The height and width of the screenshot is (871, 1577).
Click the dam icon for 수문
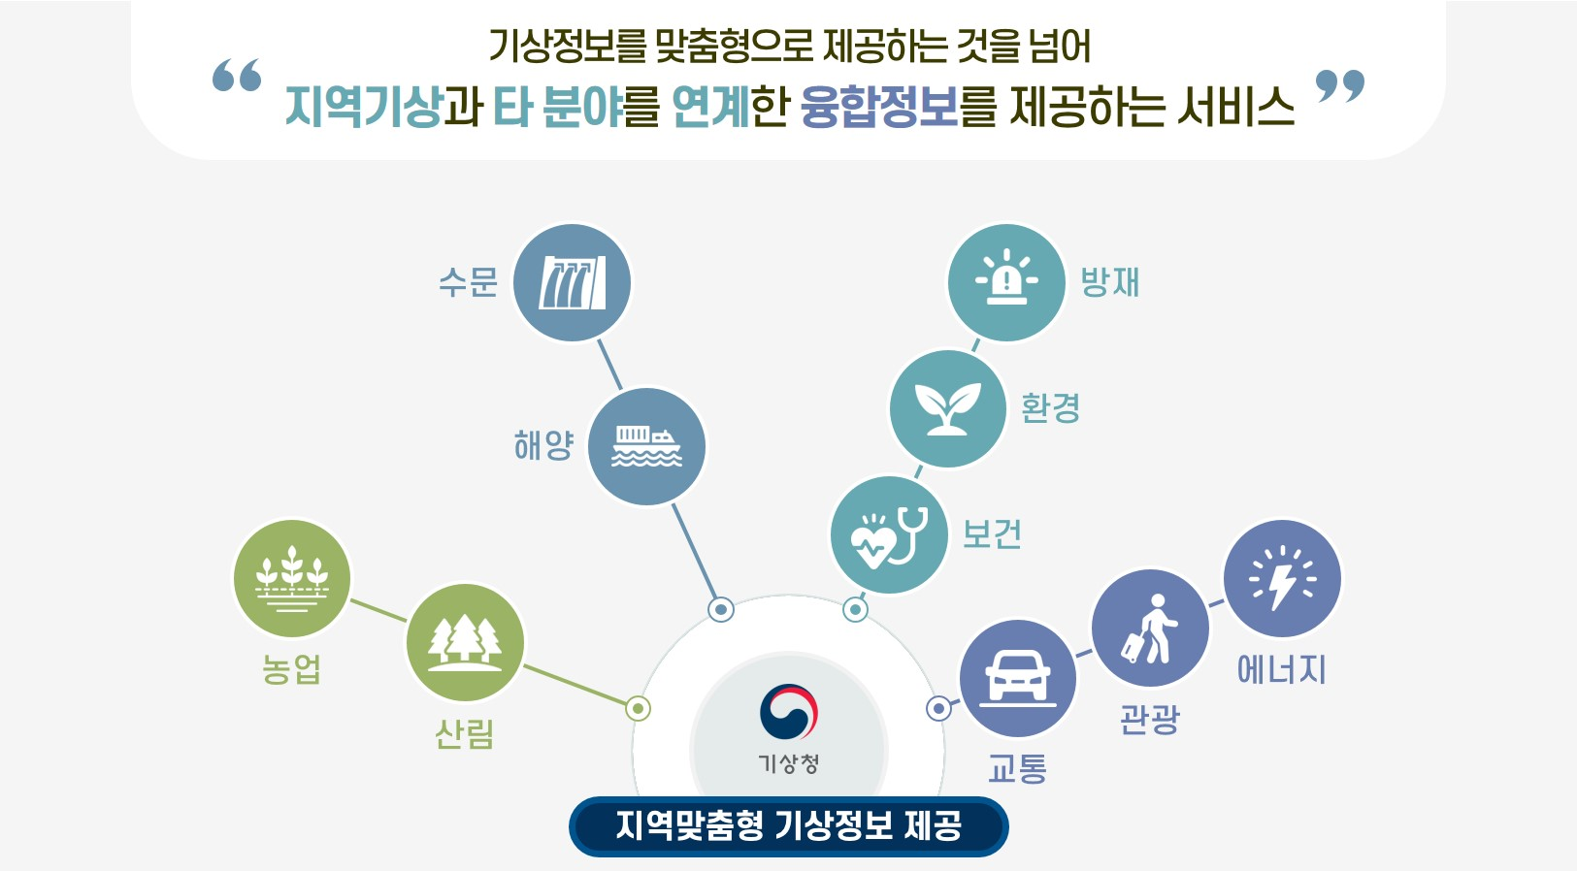pyautogui.click(x=572, y=282)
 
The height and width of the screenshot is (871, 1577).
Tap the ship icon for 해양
pyautogui.click(x=646, y=447)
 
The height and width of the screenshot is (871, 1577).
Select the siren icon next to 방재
pyautogui.click(x=1006, y=282)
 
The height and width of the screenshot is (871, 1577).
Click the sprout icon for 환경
pyautogui.click(x=947, y=408)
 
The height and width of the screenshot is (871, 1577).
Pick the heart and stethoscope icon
pyautogui.click(x=888, y=534)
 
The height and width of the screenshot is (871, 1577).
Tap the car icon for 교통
pyautogui.click(x=1017, y=677)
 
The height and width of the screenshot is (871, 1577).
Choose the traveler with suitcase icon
pyautogui.click(x=1150, y=629)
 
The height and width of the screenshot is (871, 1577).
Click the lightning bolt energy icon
pyautogui.click(x=1282, y=579)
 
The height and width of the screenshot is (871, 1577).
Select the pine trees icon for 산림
pyautogui.click(x=465, y=642)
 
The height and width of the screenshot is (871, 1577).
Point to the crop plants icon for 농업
pyautogui.click(x=291, y=579)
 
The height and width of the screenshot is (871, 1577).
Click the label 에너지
pyautogui.click(x=1281, y=669)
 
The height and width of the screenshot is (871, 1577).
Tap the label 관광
pyautogui.click(x=1149, y=719)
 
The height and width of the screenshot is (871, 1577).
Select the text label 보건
pyautogui.click(x=992, y=534)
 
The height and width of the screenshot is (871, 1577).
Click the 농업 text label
pyautogui.click(x=291, y=669)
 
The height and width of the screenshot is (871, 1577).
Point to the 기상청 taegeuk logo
pyautogui.click(x=789, y=713)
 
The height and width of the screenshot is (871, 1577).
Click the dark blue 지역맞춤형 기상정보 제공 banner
pyautogui.click(x=788, y=826)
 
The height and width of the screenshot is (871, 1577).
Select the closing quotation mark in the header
pyautogui.click(x=1340, y=86)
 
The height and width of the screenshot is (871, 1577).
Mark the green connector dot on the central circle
pyautogui.click(x=638, y=709)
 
